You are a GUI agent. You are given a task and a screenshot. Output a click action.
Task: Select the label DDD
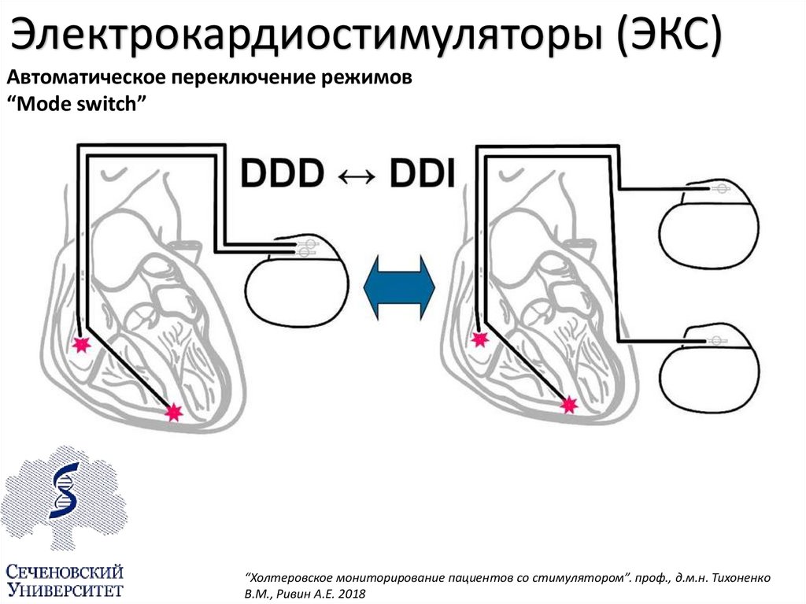(282, 172)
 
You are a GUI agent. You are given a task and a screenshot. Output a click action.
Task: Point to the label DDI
(422, 172)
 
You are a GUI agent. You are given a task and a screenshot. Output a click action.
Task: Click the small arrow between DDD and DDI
(353, 174)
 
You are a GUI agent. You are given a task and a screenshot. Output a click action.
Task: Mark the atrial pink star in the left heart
(80, 343)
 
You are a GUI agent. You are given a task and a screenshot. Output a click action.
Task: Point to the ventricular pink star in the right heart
(568, 405)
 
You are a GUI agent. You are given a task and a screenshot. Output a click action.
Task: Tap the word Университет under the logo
(65, 589)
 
